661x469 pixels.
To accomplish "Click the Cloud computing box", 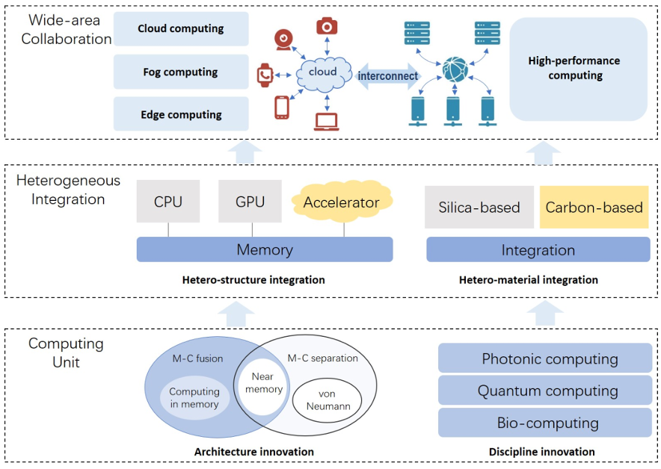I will pyautogui.click(x=181, y=29).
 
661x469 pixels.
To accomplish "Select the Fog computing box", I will pyautogui.click(x=181, y=72).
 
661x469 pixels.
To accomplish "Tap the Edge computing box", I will pyautogui.click(x=181, y=114).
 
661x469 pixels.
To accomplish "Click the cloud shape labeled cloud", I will pyautogui.click(x=322, y=72).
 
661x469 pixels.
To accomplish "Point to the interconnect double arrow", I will pyautogui.click(x=387, y=75).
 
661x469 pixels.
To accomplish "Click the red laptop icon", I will pyautogui.click(x=327, y=122).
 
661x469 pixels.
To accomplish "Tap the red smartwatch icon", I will pyautogui.click(x=265, y=75).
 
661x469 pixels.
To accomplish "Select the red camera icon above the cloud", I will pyautogui.click(x=326, y=27).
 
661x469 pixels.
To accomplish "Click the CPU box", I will pyautogui.click(x=168, y=202).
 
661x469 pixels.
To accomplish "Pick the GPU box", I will pyautogui.click(x=250, y=202).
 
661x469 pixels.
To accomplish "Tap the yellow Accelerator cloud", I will pyautogui.click(x=341, y=202).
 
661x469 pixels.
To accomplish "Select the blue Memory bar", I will pyautogui.click(x=265, y=250).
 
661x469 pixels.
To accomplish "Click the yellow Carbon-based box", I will pyautogui.click(x=594, y=207).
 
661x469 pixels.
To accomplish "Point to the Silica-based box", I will pyautogui.click(x=479, y=207).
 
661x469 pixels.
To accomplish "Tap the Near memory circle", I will pyautogui.click(x=267, y=383).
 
